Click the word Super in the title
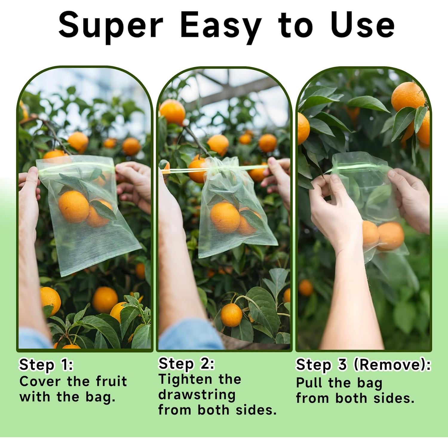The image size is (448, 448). (111, 26)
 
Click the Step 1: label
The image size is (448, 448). (46, 365)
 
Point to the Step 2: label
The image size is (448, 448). (186, 364)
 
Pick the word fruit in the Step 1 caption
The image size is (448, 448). (111, 381)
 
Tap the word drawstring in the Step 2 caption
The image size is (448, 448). (197, 395)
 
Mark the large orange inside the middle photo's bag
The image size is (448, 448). (225, 217)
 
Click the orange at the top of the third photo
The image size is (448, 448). (408, 97)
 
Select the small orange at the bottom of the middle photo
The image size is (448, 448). (231, 315)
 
